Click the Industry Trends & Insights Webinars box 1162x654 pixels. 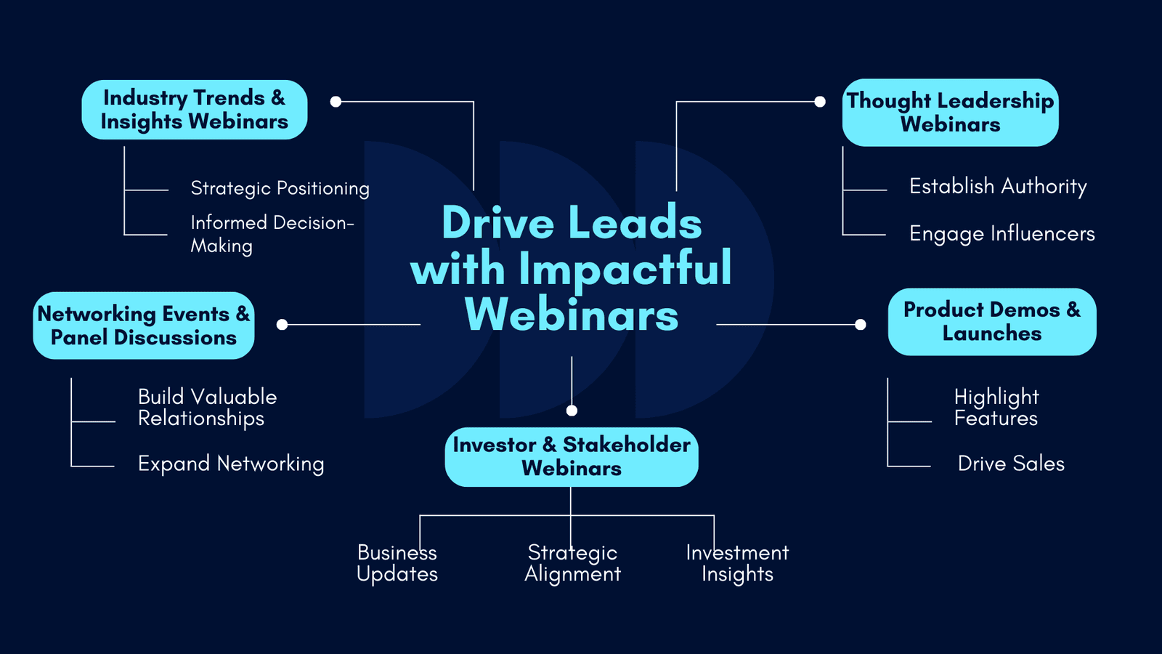pos(195,110)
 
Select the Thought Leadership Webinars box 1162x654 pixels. pos(951,113)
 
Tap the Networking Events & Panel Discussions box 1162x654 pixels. pos(144,326)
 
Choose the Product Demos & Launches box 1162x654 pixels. pos(992,322)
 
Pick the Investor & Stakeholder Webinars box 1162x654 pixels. pos(572,457)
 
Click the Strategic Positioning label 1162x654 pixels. pos(280,188)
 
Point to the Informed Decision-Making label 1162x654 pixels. pos(272,234)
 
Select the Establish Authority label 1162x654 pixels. pos(998,186)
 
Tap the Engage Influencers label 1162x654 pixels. pos(1002,234)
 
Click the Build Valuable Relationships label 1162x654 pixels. pos(208,408)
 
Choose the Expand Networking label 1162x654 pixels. pos(231,464)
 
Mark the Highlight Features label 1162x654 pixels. pos(996,408)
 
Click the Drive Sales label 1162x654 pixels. pos(1011,464)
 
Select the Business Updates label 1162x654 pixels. pos(397,564)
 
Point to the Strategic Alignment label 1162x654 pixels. pos(573,564)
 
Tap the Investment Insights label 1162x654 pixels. pos(737,564)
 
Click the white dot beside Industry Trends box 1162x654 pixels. pos(336,102)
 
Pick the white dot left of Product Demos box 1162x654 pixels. pos(860,324)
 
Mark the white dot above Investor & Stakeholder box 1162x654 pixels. pos(572,411)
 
